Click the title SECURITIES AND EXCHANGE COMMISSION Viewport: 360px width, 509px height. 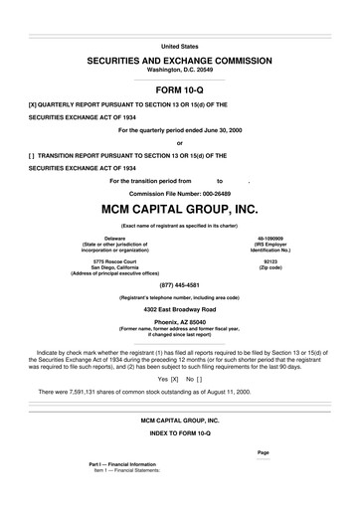pyautogui.click(x=179, y=61)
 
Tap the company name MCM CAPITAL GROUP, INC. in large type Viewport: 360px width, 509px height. pyautogui.click(x=179, y=211)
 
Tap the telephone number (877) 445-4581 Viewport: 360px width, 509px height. pyautogui.click(x=179, y=283)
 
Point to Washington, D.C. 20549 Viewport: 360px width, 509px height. pyautogui.click(x=179, y=71)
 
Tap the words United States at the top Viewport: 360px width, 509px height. pyautogui.click(x=179, y=46)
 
